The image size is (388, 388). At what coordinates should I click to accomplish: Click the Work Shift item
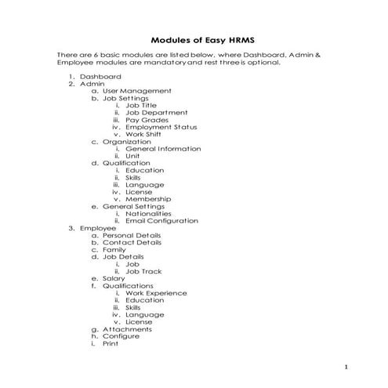145,134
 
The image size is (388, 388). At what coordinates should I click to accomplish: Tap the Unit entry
132,155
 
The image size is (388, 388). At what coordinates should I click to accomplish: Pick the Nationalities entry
149,213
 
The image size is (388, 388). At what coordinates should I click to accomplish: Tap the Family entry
114,249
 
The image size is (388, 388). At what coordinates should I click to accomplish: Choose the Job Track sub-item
143,271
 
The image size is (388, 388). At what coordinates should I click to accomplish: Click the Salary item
114,278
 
